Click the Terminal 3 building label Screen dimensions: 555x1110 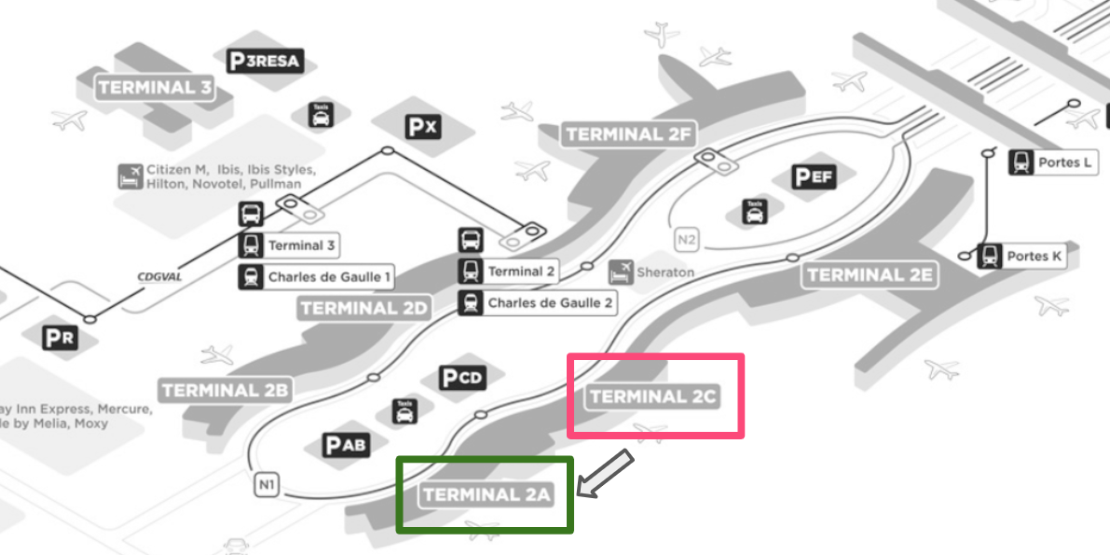click(156, 89)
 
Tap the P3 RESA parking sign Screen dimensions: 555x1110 click(266, 62)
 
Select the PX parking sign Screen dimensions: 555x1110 click(421, 127)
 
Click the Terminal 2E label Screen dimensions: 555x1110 click(869, 274)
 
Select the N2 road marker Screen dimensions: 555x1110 click(687, 240)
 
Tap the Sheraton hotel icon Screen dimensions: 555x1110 click(621, 272)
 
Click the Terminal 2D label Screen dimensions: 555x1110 click(364, 309)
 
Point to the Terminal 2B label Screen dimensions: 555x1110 click(225, 390)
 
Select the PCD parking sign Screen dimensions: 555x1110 click(462, 378)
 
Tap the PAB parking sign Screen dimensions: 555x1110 click(345, 446)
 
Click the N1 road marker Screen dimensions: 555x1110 click(267, 485)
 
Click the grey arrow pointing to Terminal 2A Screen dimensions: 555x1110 click(606, 473)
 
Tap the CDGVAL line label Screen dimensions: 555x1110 click(158, 276)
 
